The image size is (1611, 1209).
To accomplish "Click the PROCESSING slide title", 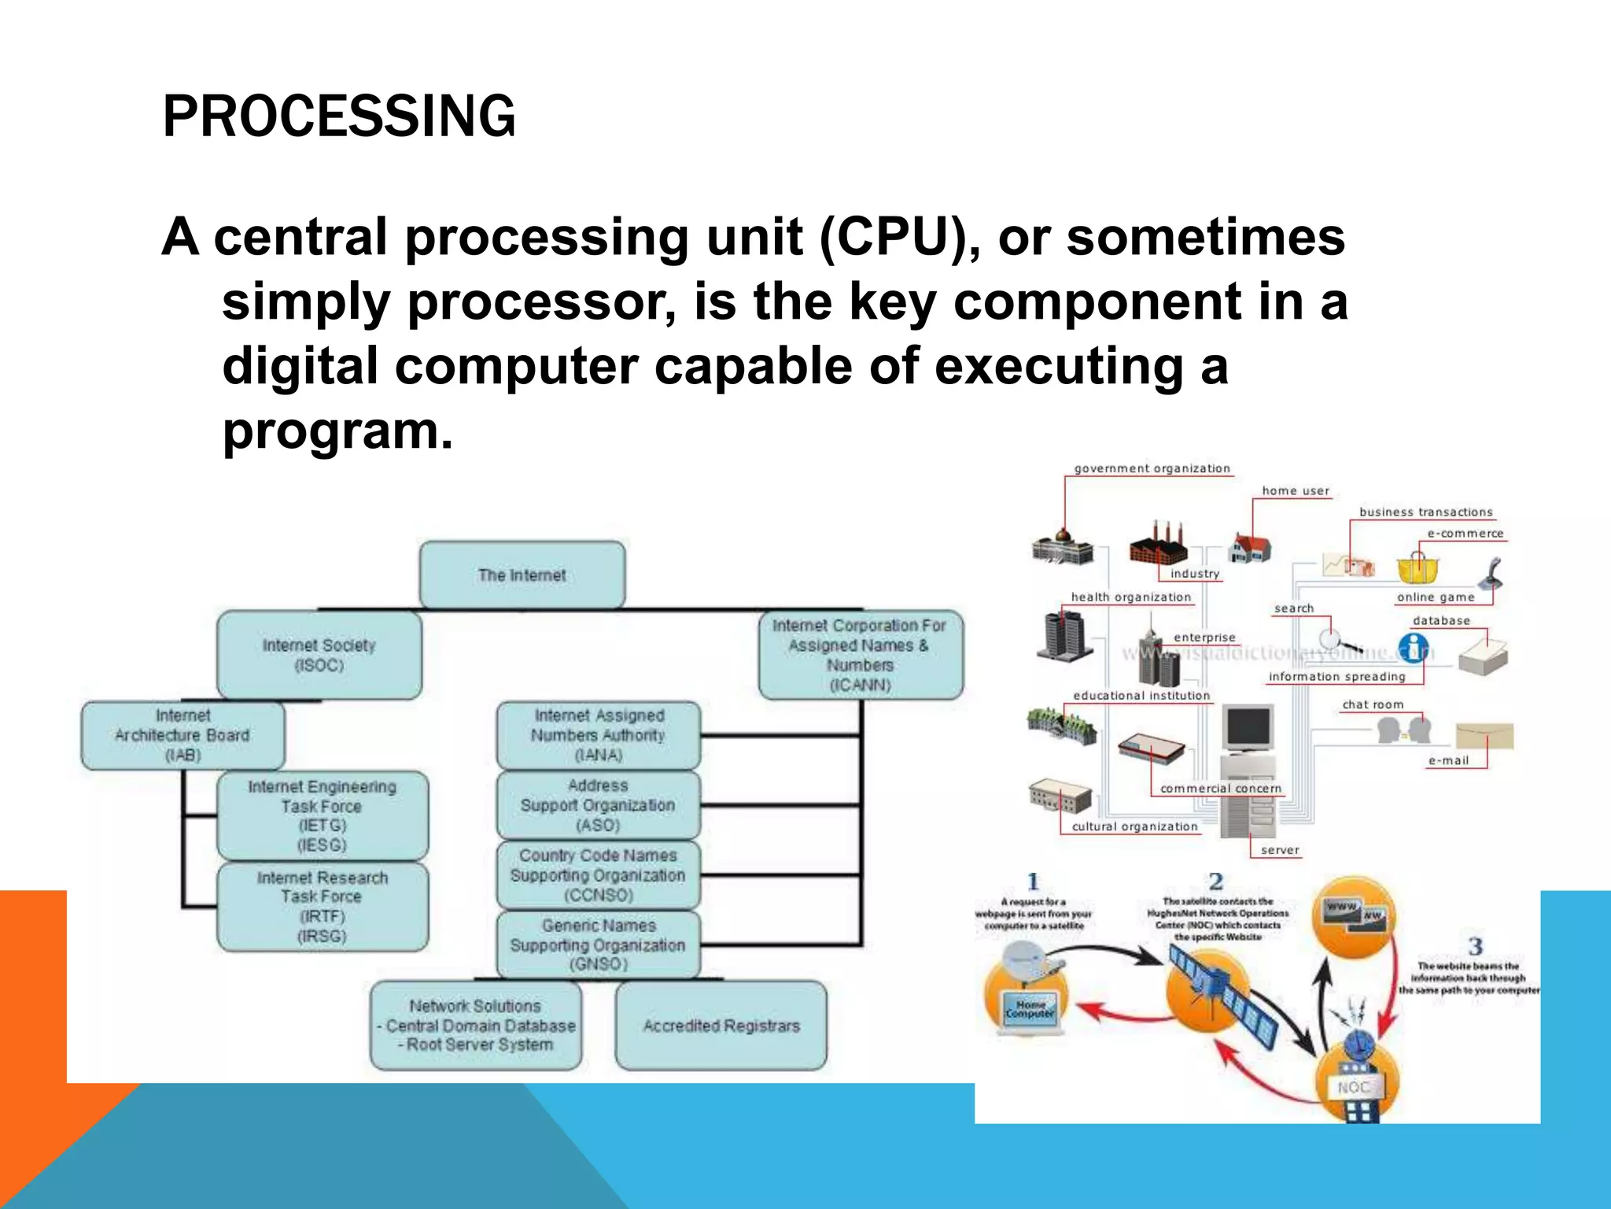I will pyautogui.click(x=338, y=116).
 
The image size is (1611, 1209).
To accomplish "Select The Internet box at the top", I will pyautogui.click(x=522, y=575).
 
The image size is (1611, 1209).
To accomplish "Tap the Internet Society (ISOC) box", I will pyautogui.click(x=319, y=655).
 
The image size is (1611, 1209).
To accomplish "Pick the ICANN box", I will pyautogui.click(x=860, y=655).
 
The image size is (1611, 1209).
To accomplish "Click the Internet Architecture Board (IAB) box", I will pyautogui.click(x=182, y=735).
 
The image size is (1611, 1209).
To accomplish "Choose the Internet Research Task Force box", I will pyautogui.click(x=323, y=907).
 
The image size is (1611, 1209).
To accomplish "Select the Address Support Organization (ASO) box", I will pyautogui.click(x=598, y=805).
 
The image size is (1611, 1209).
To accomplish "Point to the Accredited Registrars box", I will pyautogui.click(x=721, y=1026).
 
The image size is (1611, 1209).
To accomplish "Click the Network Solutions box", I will pyautogui.click(x=476, y=1026).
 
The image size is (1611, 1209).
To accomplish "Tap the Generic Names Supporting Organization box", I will pyautogui.click(x=598, y=945).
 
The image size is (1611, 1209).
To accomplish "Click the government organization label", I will pyautogui.click(x=1152, y=468).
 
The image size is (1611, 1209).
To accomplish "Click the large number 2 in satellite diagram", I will pyautogui.click(x=1216, y=882).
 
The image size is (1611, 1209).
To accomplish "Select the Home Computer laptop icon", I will pyautogui.click(x=1030, y=1010).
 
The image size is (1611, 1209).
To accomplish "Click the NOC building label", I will pyautogui.click(x=1354, y=1087).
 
